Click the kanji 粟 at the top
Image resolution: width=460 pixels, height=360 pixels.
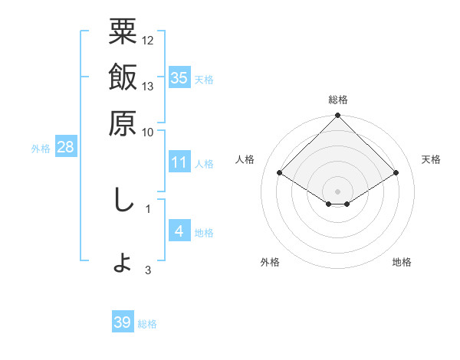click(x=123, y=32)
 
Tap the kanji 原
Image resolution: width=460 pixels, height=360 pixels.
click(x=123, y=122)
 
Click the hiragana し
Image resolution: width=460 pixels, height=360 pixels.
click(x=123, y=201)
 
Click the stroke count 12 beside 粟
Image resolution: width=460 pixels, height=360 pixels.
click(x=148, y=41)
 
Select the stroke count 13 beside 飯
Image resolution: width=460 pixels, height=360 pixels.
click(x=148, y=86)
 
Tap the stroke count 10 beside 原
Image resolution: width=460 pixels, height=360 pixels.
click(x=148, y=131)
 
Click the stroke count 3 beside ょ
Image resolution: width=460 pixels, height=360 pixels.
click(x=148, y=270)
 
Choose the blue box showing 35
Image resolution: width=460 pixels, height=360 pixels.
click(x=179, y=78)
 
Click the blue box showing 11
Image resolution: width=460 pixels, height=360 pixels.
click(x=179, y=162)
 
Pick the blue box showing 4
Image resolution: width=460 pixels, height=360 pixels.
click(x=179, y=231)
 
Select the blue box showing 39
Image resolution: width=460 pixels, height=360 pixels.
click(x=122, y=322)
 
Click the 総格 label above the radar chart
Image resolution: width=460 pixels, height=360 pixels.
click(x=337, y=100)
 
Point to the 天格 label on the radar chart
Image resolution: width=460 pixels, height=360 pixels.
click(x=431, y=159)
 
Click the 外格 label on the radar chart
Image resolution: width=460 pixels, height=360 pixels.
click(x=270, y=262)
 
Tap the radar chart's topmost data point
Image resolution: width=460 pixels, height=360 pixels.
click(x=337, y=116)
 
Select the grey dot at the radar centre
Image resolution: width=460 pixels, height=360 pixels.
click(x=337, y=191)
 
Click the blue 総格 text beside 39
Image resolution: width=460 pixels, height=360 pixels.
click(x=147, y=324)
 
